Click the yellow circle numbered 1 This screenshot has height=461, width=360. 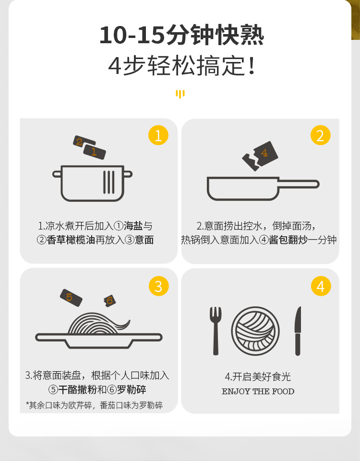[158, 135]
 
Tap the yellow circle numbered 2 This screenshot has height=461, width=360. [320, 135]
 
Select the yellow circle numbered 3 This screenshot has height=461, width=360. [159, 286]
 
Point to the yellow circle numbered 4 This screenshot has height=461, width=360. [321, 286]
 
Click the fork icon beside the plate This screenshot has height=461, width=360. [216, 331]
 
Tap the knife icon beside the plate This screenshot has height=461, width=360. [298, 331]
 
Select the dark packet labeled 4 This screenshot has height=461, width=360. [260, 156]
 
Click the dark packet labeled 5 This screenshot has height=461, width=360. [71, 298]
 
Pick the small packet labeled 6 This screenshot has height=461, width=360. [109, 301]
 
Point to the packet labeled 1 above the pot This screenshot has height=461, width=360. [95, 152]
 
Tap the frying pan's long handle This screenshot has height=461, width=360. [299, 184]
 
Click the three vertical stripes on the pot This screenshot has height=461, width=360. [109, 182]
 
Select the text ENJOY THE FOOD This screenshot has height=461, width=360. [258, 391]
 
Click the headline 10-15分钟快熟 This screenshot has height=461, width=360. [181, 35]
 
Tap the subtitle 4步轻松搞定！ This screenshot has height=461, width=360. [181, 65]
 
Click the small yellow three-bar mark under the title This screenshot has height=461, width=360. [180, 94]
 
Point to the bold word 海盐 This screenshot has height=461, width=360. [133, 226]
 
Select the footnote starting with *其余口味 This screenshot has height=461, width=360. [94, 405]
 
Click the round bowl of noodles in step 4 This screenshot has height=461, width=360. [255, 331]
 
